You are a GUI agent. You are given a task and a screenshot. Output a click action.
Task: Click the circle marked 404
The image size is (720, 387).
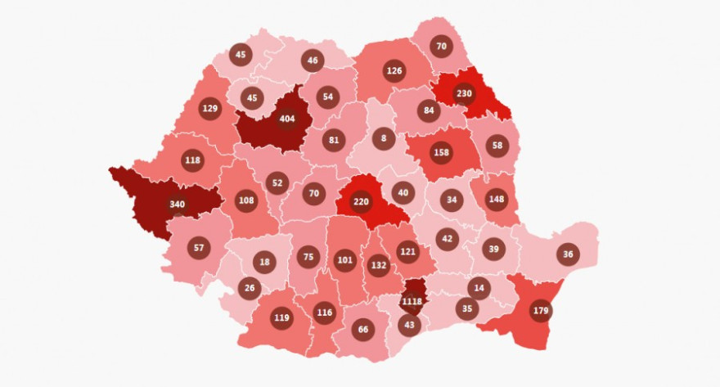pyautogui.click(x=287, y=119)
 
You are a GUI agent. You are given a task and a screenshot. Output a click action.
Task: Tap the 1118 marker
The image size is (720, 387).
pyautogui.click(x=412, y=301)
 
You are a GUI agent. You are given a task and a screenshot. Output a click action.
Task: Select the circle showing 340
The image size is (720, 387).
pyautogui.click(x=177, y=204)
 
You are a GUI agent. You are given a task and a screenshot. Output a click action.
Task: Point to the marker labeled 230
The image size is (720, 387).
pyautogui.click(x=464, y=92)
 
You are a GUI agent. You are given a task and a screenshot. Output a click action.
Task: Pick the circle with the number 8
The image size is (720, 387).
pyautogui.click(x=384, y=138)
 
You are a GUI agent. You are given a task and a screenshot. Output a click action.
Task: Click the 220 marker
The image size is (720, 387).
pyautogui.click(x=361, y=200)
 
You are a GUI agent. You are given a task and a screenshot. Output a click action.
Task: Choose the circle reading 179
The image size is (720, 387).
pyautogui.click(x=540, y=310)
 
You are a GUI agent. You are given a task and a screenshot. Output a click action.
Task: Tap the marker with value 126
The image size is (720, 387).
pyautogui.click(x=394, y=70)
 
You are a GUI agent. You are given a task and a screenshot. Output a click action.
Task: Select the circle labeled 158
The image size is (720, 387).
pyautogui.click(x=441, y=151)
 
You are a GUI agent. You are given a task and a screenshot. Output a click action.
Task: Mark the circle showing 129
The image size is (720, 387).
pyautogui.click(x=210, y=109)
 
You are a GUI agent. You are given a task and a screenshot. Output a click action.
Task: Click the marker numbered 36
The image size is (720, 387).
pyautogui.click(x=568, y=254)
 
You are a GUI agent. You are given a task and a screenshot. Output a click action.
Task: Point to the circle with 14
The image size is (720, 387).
pyautogui.click(x=479, y=287)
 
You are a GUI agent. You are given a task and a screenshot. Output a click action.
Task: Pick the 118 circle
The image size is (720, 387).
pyautogui.click(x=192, y=160)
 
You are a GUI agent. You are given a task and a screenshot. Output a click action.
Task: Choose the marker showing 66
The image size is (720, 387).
pyautogui.click(x=364, y=329)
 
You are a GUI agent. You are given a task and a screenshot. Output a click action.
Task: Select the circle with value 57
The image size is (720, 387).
pyautogui.click(x=199, y=247)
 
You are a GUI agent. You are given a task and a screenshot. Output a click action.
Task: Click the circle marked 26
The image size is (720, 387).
pyautogui.click(x=250, y=287)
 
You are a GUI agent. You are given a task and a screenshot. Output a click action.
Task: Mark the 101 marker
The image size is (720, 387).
pyautogui.click(x=345, y=262)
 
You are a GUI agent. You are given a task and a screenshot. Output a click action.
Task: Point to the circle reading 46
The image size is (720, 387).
pyautogui.click(x=312, y=60)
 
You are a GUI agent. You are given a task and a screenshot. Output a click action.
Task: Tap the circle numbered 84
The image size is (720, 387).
pyautogui.click(x=428, y=110)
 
